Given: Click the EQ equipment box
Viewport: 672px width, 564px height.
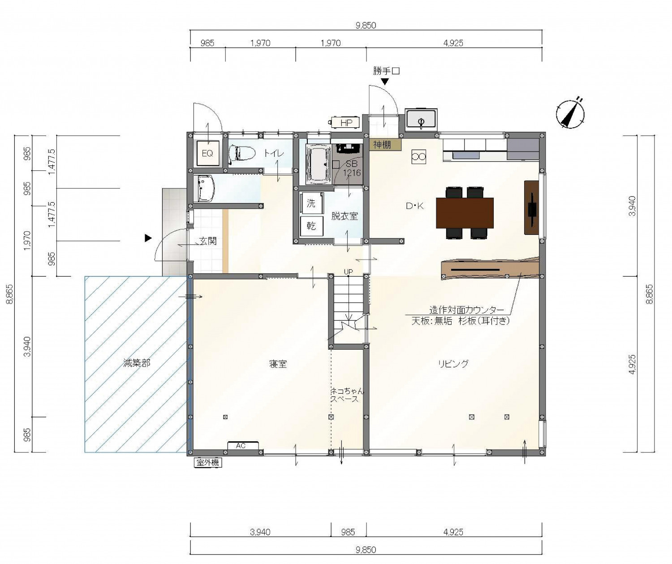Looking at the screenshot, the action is tap(207, 153).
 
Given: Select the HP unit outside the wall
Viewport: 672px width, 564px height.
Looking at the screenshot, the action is tap(345, 122).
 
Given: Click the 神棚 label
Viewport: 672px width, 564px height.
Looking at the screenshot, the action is tap(382, 145).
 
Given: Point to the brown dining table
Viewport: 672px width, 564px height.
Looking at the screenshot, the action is tap(465, 213).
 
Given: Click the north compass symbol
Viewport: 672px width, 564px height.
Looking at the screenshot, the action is tap(570, 113).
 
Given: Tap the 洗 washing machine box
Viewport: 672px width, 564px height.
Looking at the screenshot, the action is tap(311, 203).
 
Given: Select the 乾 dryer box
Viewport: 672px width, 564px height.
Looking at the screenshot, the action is tap(311, 226).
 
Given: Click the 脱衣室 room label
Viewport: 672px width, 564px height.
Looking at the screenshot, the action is tap(345, 216).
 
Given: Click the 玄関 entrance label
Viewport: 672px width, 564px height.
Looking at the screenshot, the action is tap(208, 241).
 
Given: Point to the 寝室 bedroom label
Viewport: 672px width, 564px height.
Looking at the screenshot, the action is tap(278, 364).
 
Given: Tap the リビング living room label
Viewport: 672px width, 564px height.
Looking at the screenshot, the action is tap(453, 364).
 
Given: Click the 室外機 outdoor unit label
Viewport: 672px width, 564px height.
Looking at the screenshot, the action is tap(208, 463).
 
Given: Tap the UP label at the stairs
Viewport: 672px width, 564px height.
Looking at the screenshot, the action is tap(348, 272).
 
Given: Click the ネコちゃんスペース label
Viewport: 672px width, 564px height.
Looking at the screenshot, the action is tap(347, 395).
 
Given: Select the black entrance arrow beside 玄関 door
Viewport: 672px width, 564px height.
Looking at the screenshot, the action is tap(148, 238).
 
